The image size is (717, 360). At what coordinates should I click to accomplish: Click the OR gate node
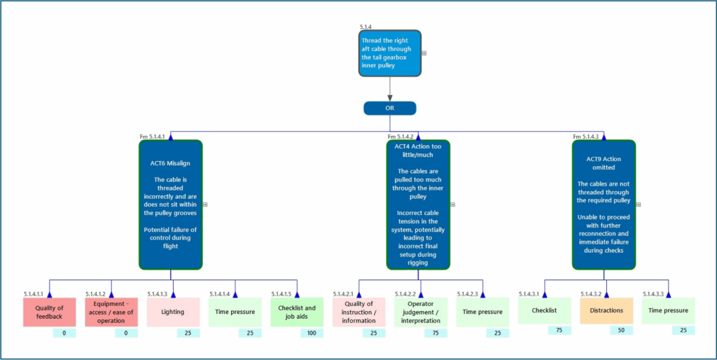coord(390,109)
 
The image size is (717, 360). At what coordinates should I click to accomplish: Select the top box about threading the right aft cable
coord(390,53)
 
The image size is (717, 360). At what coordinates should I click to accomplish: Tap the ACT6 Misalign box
coord(171,204)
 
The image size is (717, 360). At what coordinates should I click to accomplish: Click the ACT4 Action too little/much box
coord(418,204)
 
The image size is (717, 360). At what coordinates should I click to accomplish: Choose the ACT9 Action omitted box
coord(604,204)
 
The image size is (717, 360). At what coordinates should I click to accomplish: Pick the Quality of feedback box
coord(50,312)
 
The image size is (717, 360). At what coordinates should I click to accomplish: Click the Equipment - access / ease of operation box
coord(111,312)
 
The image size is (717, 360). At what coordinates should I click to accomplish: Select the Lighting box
coord(173,312)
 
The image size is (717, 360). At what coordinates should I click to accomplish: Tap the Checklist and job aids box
coord(297,312)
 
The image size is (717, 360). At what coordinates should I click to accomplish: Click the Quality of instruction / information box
coord(358,312)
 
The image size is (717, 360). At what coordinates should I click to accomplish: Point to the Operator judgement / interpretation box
coord(420,312)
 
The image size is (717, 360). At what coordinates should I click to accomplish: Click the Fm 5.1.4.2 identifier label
coord(401,137)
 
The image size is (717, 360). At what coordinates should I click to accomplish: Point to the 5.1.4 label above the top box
coord(366,27)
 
